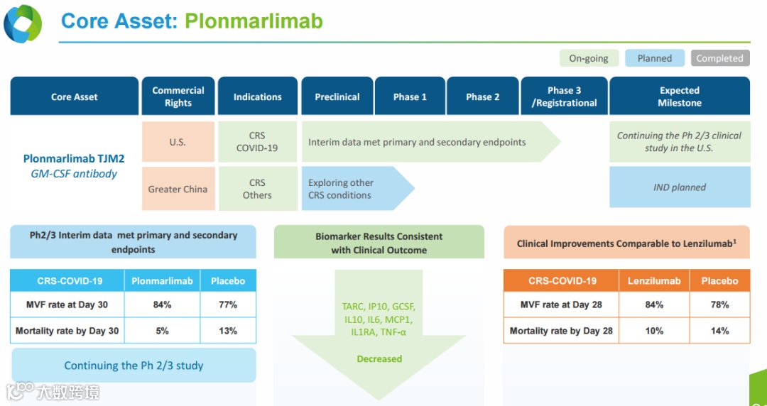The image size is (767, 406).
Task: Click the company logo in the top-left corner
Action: click(23, 23)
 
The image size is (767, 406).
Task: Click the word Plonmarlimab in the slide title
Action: click(254, 21)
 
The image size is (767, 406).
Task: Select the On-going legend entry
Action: click(589, 58)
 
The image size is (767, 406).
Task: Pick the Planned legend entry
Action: click(654, 58)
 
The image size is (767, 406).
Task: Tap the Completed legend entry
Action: click(719, 58)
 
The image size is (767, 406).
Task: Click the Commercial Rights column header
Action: click(178, 97)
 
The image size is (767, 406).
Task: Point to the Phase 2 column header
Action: click(482, 97)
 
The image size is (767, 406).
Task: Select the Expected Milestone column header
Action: click(680, 97)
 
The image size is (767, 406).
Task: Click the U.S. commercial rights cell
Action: click(178, 142)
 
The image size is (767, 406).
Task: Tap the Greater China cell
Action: click(178, 189)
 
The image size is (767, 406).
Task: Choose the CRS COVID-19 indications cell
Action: click(257, 142)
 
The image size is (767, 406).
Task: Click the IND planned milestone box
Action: click(680, 187)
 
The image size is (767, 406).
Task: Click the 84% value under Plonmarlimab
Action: click(162, 304)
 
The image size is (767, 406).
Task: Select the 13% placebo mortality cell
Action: click(228, 331)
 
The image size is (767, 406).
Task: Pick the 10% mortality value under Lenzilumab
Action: click(654, 331)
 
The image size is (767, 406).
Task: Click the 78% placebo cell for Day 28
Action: click(719, 304)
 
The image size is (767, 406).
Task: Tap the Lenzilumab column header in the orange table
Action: click(654, 280)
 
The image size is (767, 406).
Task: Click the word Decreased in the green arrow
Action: click(379, 359)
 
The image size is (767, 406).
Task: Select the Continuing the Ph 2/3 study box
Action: click(134, 366)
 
